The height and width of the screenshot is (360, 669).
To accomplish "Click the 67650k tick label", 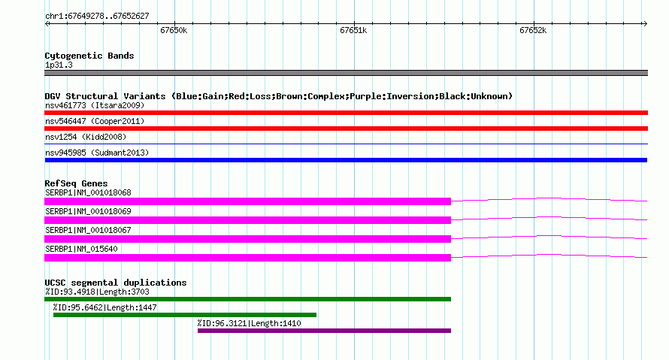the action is [x=174, y=31].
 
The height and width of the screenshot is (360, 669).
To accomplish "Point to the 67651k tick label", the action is [x=353, y=31].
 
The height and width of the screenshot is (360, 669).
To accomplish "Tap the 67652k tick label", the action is [x=533, y=31].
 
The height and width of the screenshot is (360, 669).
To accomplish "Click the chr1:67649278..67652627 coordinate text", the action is [x=97, y=17].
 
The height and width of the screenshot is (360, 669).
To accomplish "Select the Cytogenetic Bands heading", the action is [x=89, y=56].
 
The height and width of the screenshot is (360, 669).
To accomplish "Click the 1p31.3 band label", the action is [x=59, y=65].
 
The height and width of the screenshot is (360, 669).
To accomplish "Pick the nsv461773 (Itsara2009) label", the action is [x=95, y=105].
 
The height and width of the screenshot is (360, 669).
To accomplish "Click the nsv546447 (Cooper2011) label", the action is [x=95, y=121].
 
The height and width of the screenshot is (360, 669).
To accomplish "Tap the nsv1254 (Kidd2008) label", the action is [x=86, y=137].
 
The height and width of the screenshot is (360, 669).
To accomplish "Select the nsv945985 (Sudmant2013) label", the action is [x=97, y=153].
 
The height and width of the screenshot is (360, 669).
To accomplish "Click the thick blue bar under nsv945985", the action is [x=346, y=160].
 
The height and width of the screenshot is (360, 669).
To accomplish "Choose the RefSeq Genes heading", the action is [x=77, y=183].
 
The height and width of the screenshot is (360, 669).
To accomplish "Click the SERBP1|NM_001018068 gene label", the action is [x=88, y=193].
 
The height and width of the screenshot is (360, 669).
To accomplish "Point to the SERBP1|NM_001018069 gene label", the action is [x=88, y=211].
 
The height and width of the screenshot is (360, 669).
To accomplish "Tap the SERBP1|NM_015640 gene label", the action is [x=81, y=249].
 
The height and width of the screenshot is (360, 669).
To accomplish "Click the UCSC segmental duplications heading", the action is [x=116, y=283].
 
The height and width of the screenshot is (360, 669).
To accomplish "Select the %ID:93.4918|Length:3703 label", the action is [x=97, y=292].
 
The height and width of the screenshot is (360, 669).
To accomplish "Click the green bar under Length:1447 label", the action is [x=185, y=315].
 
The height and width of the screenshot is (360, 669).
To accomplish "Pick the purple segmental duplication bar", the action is [x=324, y=331].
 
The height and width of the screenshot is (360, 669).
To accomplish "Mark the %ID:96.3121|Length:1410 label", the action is [x=249, y=323].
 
